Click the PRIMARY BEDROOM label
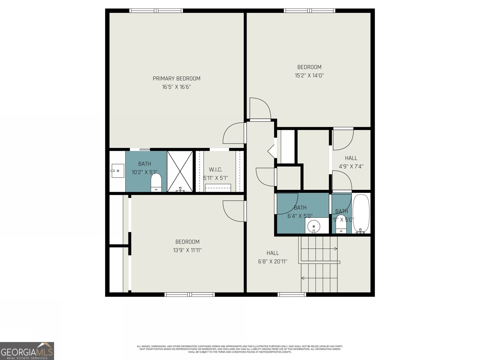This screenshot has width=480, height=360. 176,79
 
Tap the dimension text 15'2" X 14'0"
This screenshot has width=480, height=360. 309,76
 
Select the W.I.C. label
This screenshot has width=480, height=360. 215,170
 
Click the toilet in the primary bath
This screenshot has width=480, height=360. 156,183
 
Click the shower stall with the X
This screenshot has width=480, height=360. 180,171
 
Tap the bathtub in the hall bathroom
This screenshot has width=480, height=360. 361,213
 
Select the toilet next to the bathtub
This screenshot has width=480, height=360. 341,223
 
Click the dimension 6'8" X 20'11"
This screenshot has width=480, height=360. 273,262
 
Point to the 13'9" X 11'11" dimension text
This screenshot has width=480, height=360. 187,250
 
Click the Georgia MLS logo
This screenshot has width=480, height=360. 27,351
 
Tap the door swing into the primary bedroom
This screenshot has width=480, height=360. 234,133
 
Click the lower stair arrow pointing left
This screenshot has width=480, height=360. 303,278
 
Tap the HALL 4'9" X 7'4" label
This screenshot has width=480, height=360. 351,162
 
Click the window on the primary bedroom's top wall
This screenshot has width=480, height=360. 156,11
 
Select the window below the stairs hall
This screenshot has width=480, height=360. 292,295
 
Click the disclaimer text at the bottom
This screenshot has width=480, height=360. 240,349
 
